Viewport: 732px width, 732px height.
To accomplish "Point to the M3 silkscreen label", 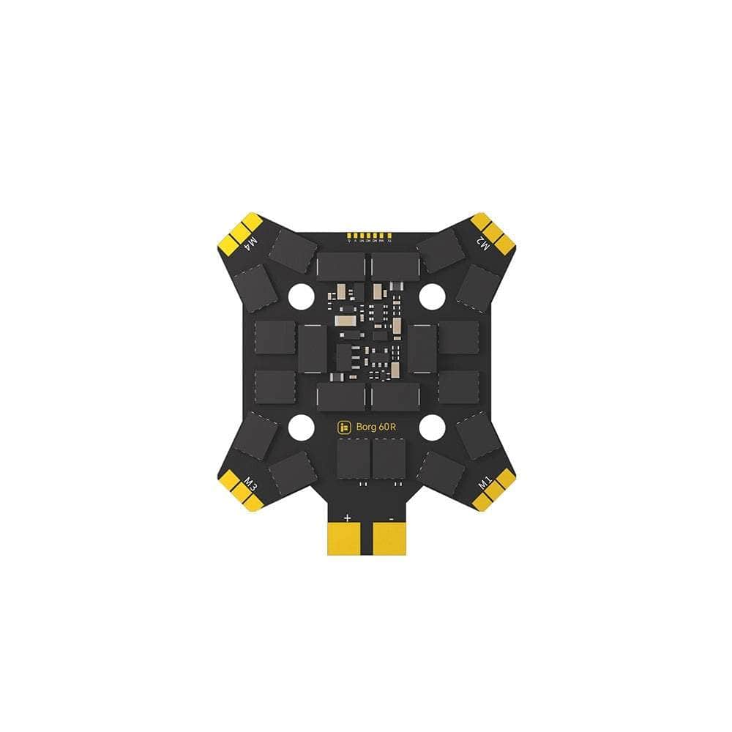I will point(251,484).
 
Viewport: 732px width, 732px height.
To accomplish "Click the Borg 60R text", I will point(376,427).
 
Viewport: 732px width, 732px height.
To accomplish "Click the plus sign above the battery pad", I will point(347,518).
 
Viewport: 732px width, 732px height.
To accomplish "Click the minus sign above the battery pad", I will point(392,518).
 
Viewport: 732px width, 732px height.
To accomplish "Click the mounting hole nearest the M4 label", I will point(300,296).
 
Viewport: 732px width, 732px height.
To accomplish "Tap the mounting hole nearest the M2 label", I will point(432,296).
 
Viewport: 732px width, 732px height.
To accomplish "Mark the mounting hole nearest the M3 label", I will point(300,427).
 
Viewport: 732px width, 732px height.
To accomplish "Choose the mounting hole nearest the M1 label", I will point(432,427).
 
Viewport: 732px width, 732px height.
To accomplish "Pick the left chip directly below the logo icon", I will point(353,458).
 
